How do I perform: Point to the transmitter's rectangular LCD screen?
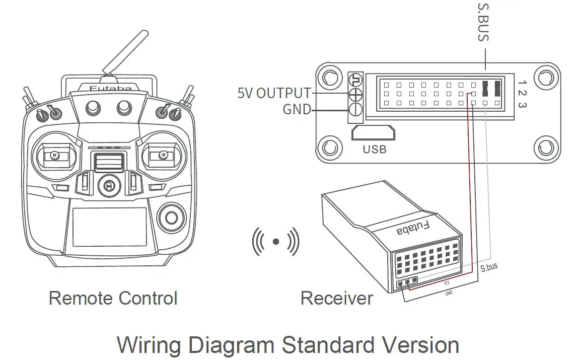(109, 227)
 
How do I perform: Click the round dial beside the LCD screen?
(171, 218)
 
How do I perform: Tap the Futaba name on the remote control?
(110, 89)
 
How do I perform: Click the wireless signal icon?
(275, 242)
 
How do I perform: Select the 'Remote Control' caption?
(113, 298)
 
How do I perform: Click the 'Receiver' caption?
(336, 298)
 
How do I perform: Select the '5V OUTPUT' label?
(274, 93)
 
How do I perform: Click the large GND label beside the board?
(297, 109)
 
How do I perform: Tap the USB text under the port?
(374, 149)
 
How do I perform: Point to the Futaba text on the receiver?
(413, 228)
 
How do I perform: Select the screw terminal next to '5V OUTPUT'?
(355, 94)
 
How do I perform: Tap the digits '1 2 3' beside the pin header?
(522, 93)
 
